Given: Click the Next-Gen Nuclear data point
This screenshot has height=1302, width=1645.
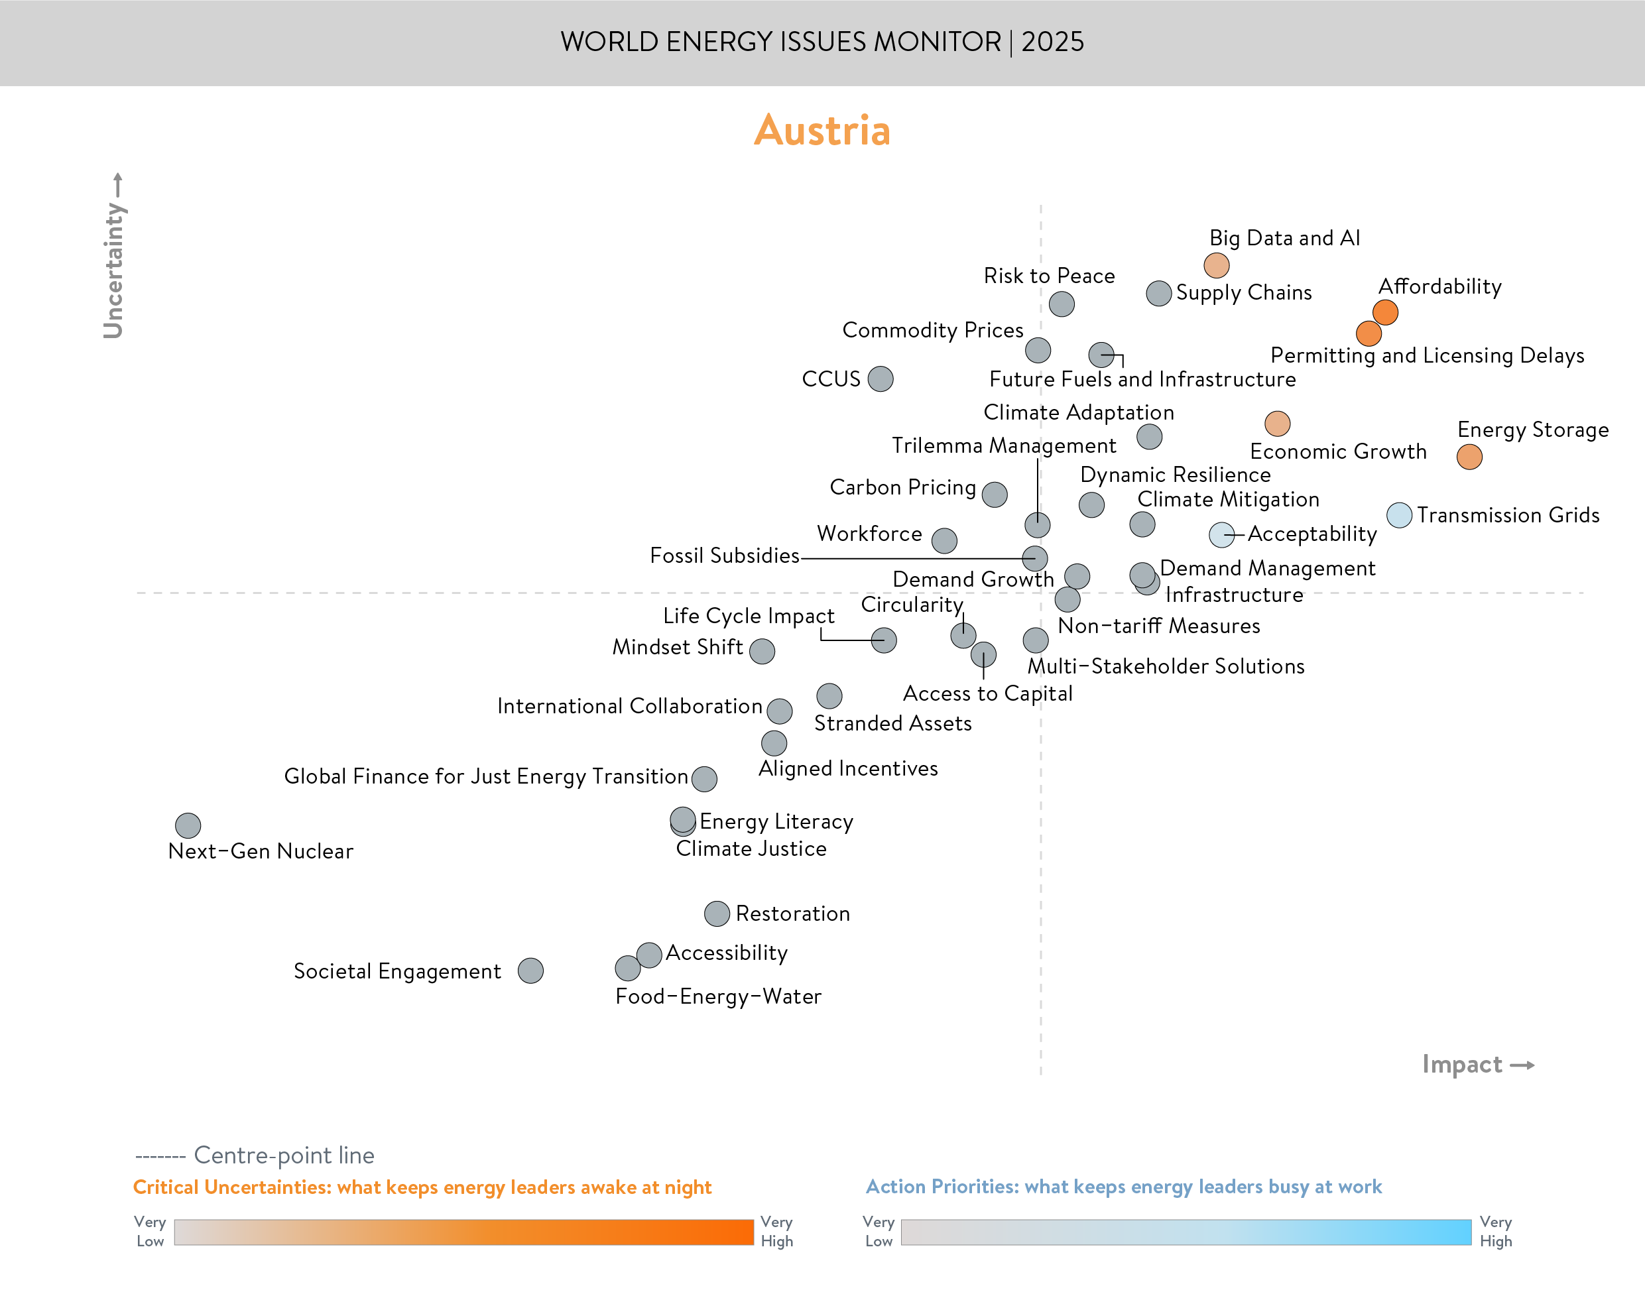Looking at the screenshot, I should point(188,825).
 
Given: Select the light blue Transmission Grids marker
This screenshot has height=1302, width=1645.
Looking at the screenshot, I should point(1399,515).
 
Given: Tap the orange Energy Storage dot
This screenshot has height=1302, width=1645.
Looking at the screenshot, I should point(1469,457).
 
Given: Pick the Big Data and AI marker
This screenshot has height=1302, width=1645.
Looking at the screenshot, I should point(1216,265).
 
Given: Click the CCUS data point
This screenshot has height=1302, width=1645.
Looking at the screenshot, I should point(881,379).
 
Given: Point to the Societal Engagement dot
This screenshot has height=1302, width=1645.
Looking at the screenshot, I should point(530,971).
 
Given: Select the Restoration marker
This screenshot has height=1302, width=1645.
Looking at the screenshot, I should point(717,914).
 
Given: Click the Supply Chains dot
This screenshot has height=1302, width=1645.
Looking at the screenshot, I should point(1159,294).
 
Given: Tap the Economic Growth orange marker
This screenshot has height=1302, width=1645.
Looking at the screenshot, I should point(1277,423).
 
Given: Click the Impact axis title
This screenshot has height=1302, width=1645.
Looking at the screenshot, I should point(1462,1064).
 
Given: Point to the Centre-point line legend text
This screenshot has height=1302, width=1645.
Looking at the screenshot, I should point(284,1155).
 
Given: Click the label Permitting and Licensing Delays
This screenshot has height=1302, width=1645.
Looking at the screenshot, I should point(1427,355).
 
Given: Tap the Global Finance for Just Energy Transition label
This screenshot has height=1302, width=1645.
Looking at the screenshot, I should point(485,776).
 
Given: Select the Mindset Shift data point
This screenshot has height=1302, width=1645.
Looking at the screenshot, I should point(762,651).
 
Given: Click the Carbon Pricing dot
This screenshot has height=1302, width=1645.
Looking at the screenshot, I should point(994,494).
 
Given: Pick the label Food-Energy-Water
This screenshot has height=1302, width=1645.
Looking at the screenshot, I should point(718,996).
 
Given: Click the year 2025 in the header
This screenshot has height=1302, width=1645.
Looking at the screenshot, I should point(1052,42).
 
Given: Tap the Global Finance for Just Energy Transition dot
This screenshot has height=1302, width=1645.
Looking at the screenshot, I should point(703,778).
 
